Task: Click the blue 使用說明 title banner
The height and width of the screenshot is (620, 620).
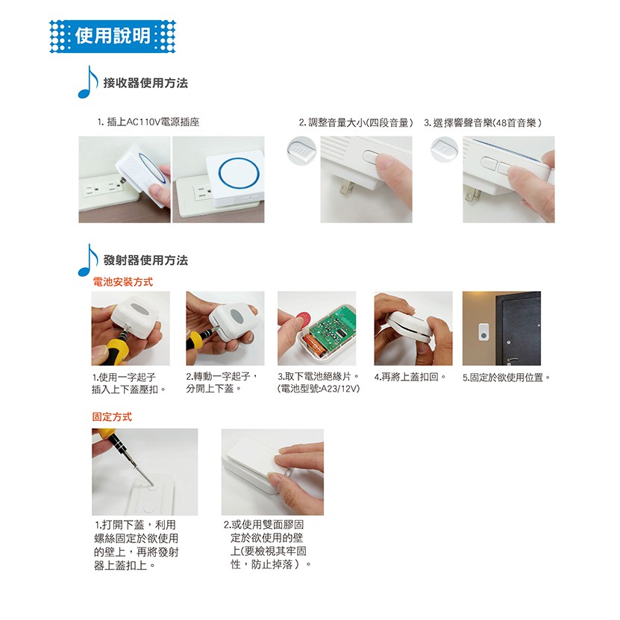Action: (x=113, y=36)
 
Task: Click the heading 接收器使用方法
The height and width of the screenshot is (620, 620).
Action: (x=145, y=83)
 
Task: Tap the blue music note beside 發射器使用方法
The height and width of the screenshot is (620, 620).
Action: (x=88, y=260)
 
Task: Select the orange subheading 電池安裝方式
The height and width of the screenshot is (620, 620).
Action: (x=122, y=282)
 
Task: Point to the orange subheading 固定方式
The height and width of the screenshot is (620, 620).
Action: (x=112, y=417)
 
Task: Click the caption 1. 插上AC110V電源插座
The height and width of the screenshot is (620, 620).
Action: (x=148, y=122)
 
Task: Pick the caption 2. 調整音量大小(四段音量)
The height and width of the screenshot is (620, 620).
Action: (x=356, y=123)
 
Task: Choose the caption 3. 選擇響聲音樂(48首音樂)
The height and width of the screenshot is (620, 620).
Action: (x=483, y=123)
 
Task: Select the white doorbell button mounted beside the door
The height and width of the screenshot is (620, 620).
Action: (x=483, y=331)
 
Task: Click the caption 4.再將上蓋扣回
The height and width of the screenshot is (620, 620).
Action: (x=410, y=378)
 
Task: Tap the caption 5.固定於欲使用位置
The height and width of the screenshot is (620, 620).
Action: (x=507, y=378)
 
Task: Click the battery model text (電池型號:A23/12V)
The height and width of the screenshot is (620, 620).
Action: (x=319, y=389)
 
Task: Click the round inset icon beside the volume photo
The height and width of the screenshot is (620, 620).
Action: (x=301, y=150)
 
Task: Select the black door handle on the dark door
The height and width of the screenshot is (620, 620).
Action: (x=513, y=360)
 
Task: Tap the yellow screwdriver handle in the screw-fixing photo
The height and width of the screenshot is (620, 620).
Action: (x=103, y=433)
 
